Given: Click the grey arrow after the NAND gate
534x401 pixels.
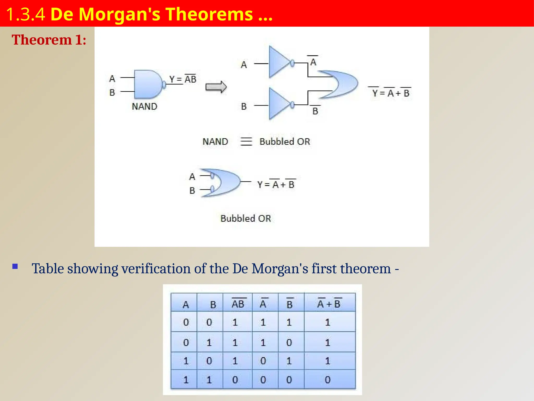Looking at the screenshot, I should pyautogui.click(x=216, y=87).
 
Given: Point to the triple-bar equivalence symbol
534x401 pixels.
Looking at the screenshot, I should pyautogui.click(x=246, y=141).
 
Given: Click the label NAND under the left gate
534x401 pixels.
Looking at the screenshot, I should pyautogui.click(x=144, y=107).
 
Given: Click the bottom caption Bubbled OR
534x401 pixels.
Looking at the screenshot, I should pyautogui.click(x=246, y=219).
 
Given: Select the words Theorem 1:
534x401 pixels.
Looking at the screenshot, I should pyautogui.click(x=49, y=40).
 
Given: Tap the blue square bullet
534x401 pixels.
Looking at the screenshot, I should pyautogui.click(x=15, y=267).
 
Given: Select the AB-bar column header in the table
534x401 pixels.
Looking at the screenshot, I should pyautogui.click(x=238, y=304).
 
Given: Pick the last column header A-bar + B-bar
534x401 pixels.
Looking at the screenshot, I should pyautogui.click(x=329, y=304).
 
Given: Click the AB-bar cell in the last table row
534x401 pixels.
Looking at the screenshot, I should pyautogui.click(x=235, y=380).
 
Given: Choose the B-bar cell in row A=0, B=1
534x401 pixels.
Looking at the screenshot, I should pyautogui.click(x=289, y=343).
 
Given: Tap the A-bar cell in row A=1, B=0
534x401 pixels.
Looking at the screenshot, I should pyautogui.click(x=263, y=361).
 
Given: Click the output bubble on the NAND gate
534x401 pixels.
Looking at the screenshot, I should pyautogui.click(x=164, y=85).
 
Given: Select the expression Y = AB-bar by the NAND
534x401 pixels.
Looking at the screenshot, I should pyautogui.click(x=183, y=79).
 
